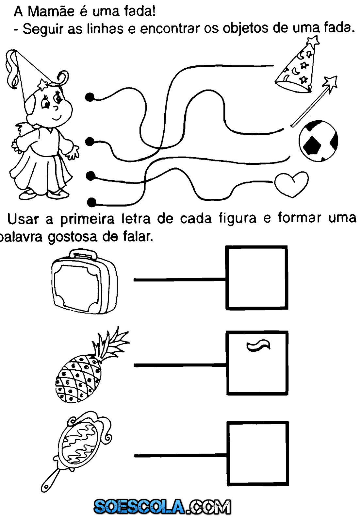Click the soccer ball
(x=318, y=141)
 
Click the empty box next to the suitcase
(x=257, y=278)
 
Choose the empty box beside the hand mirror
(x=258, y=453)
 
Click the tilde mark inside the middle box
(x=258, y=346)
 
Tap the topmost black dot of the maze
(x=90, y=97)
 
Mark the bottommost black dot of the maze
(x=92, y=202)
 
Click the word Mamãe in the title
(x=51, y=12)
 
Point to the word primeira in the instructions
(x=87, y=219)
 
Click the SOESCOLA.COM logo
(x=162, y=507)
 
